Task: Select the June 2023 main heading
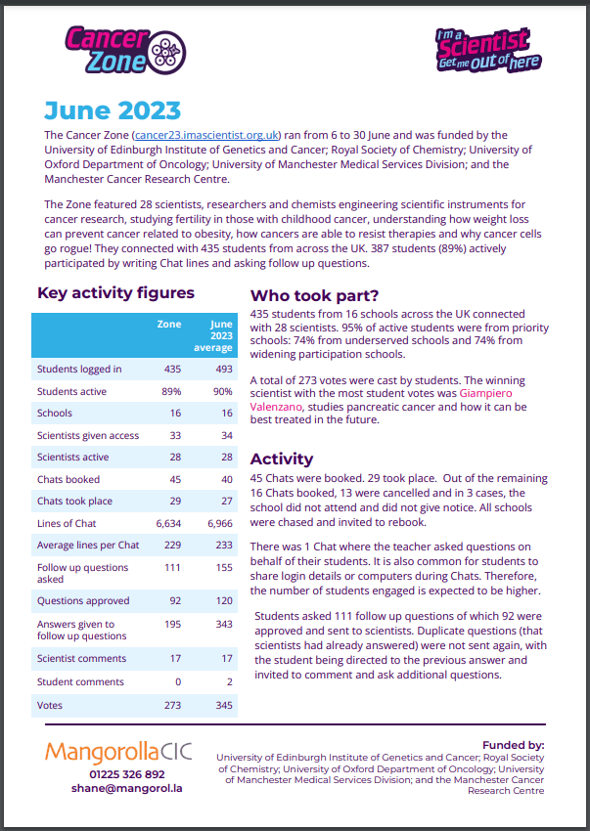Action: (112, 109)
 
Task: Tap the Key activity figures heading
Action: (115, 292)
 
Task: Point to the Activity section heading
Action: (282, 459)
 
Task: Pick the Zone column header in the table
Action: (169, 323)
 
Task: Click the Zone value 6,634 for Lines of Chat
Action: (168, 523)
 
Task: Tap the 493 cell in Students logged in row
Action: (221, 369)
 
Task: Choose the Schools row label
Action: (55, 414)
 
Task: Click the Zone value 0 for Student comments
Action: (177, 681)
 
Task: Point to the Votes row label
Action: (51, 704)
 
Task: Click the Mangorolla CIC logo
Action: (118, 752)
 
